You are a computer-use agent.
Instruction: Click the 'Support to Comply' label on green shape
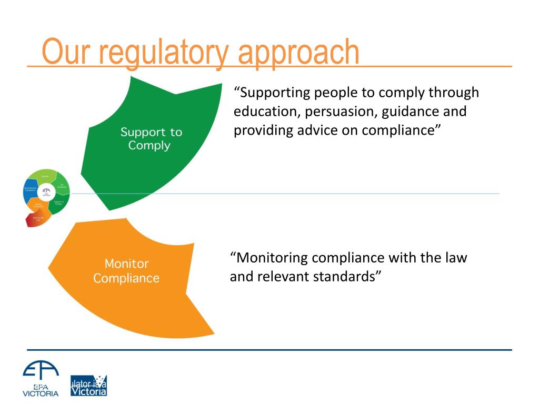pos(151,138)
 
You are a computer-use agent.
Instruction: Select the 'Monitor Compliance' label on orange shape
pos(126,270)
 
